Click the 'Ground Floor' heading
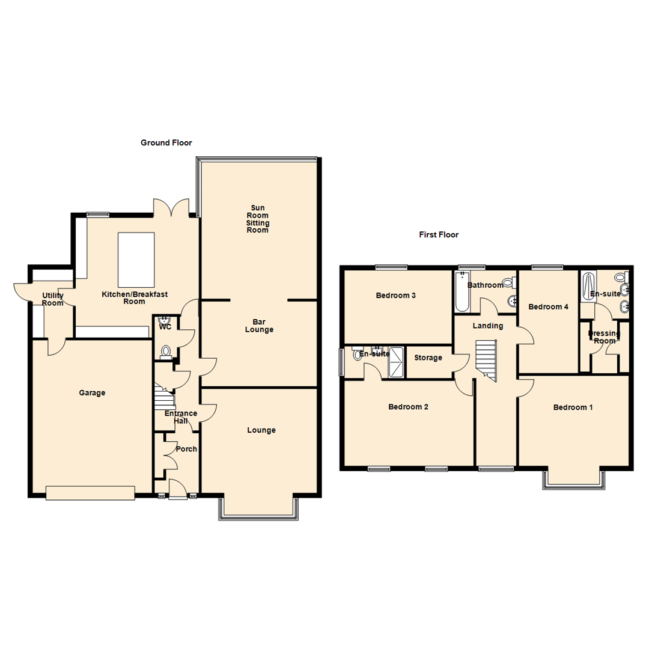(x=166, y=142)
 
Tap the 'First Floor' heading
(x=439, y=235)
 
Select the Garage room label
(x=92, y=393)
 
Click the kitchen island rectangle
(x=136, y=260)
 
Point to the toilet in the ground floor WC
(x=165, y=350)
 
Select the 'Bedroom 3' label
(x=396, y=295)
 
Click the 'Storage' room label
(x=428, y=358)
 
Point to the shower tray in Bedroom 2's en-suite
(x=397, y=361)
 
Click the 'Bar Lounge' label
(x=259, y=325)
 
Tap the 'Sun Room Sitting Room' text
(x=259, y=219)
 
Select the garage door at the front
(x=90, y=493)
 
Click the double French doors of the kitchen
(x=172, y=208)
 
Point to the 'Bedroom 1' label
(x=573, y=407)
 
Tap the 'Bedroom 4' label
(x=547, y=306)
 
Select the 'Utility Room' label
(x=52, y=299)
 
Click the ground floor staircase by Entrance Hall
(x=163, y=397)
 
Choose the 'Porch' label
(x=186, y=449)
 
